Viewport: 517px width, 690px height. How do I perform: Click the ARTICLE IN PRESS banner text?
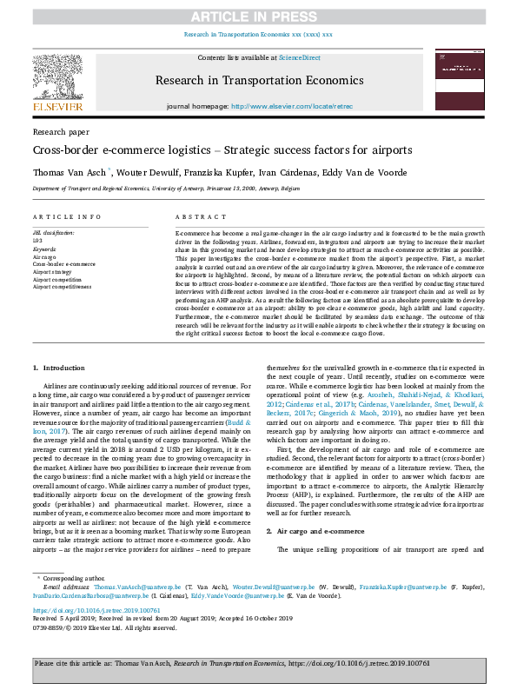[258, 17]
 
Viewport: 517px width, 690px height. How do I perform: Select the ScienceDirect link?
[299, 57]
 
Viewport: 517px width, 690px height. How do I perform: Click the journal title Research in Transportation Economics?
[258, 80]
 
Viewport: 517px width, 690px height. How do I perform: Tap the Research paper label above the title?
[61, 131]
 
